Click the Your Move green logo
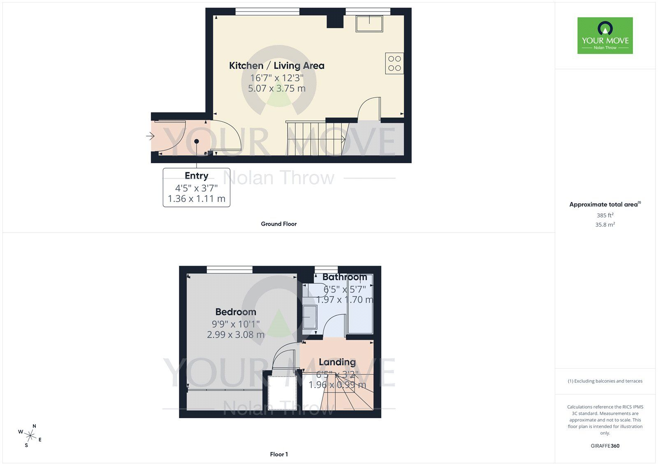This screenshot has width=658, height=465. [x=605, y=35]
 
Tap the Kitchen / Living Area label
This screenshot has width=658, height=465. [x=276, y=66]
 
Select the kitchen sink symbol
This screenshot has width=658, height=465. [x=370, y=24]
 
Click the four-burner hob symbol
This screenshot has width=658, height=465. [x=394, y=63]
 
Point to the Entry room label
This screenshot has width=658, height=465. [x=196, y=176]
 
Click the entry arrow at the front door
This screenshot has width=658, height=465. [x=150, y=136]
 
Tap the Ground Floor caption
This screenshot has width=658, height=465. [x=278, y=224]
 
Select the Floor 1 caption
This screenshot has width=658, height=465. [x=279, y=454]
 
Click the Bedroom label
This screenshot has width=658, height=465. [x=236, y=312]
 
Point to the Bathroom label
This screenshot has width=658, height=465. [x=345, y=277]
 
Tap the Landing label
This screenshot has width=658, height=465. [x=337, y=362]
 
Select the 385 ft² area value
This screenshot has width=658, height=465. [x=605, y=215]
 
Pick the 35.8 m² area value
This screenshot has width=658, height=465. [x=605, y=225]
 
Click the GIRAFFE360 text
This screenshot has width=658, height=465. [x=605, y=446]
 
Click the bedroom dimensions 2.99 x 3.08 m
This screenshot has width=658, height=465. [x=236, y=335]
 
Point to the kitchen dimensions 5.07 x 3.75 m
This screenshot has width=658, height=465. [x=276, y=88]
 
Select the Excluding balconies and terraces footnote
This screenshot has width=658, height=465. [x=605, y=381]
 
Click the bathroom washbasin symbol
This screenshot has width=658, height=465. [x=310, y=317]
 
